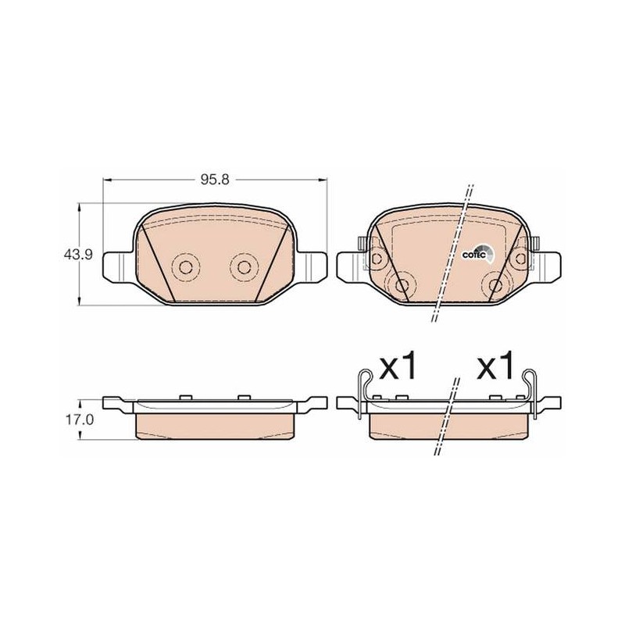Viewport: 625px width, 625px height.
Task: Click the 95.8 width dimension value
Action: [215, 180]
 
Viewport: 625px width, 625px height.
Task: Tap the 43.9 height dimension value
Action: [79, 254]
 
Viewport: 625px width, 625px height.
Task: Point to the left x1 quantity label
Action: [398, 365]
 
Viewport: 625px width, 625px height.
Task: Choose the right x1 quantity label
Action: [495, 365]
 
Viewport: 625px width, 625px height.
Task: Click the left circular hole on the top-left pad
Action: [185, 266]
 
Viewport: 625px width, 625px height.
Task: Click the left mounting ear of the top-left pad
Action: [117, 265]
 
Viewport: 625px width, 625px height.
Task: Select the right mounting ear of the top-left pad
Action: [312, 265]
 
